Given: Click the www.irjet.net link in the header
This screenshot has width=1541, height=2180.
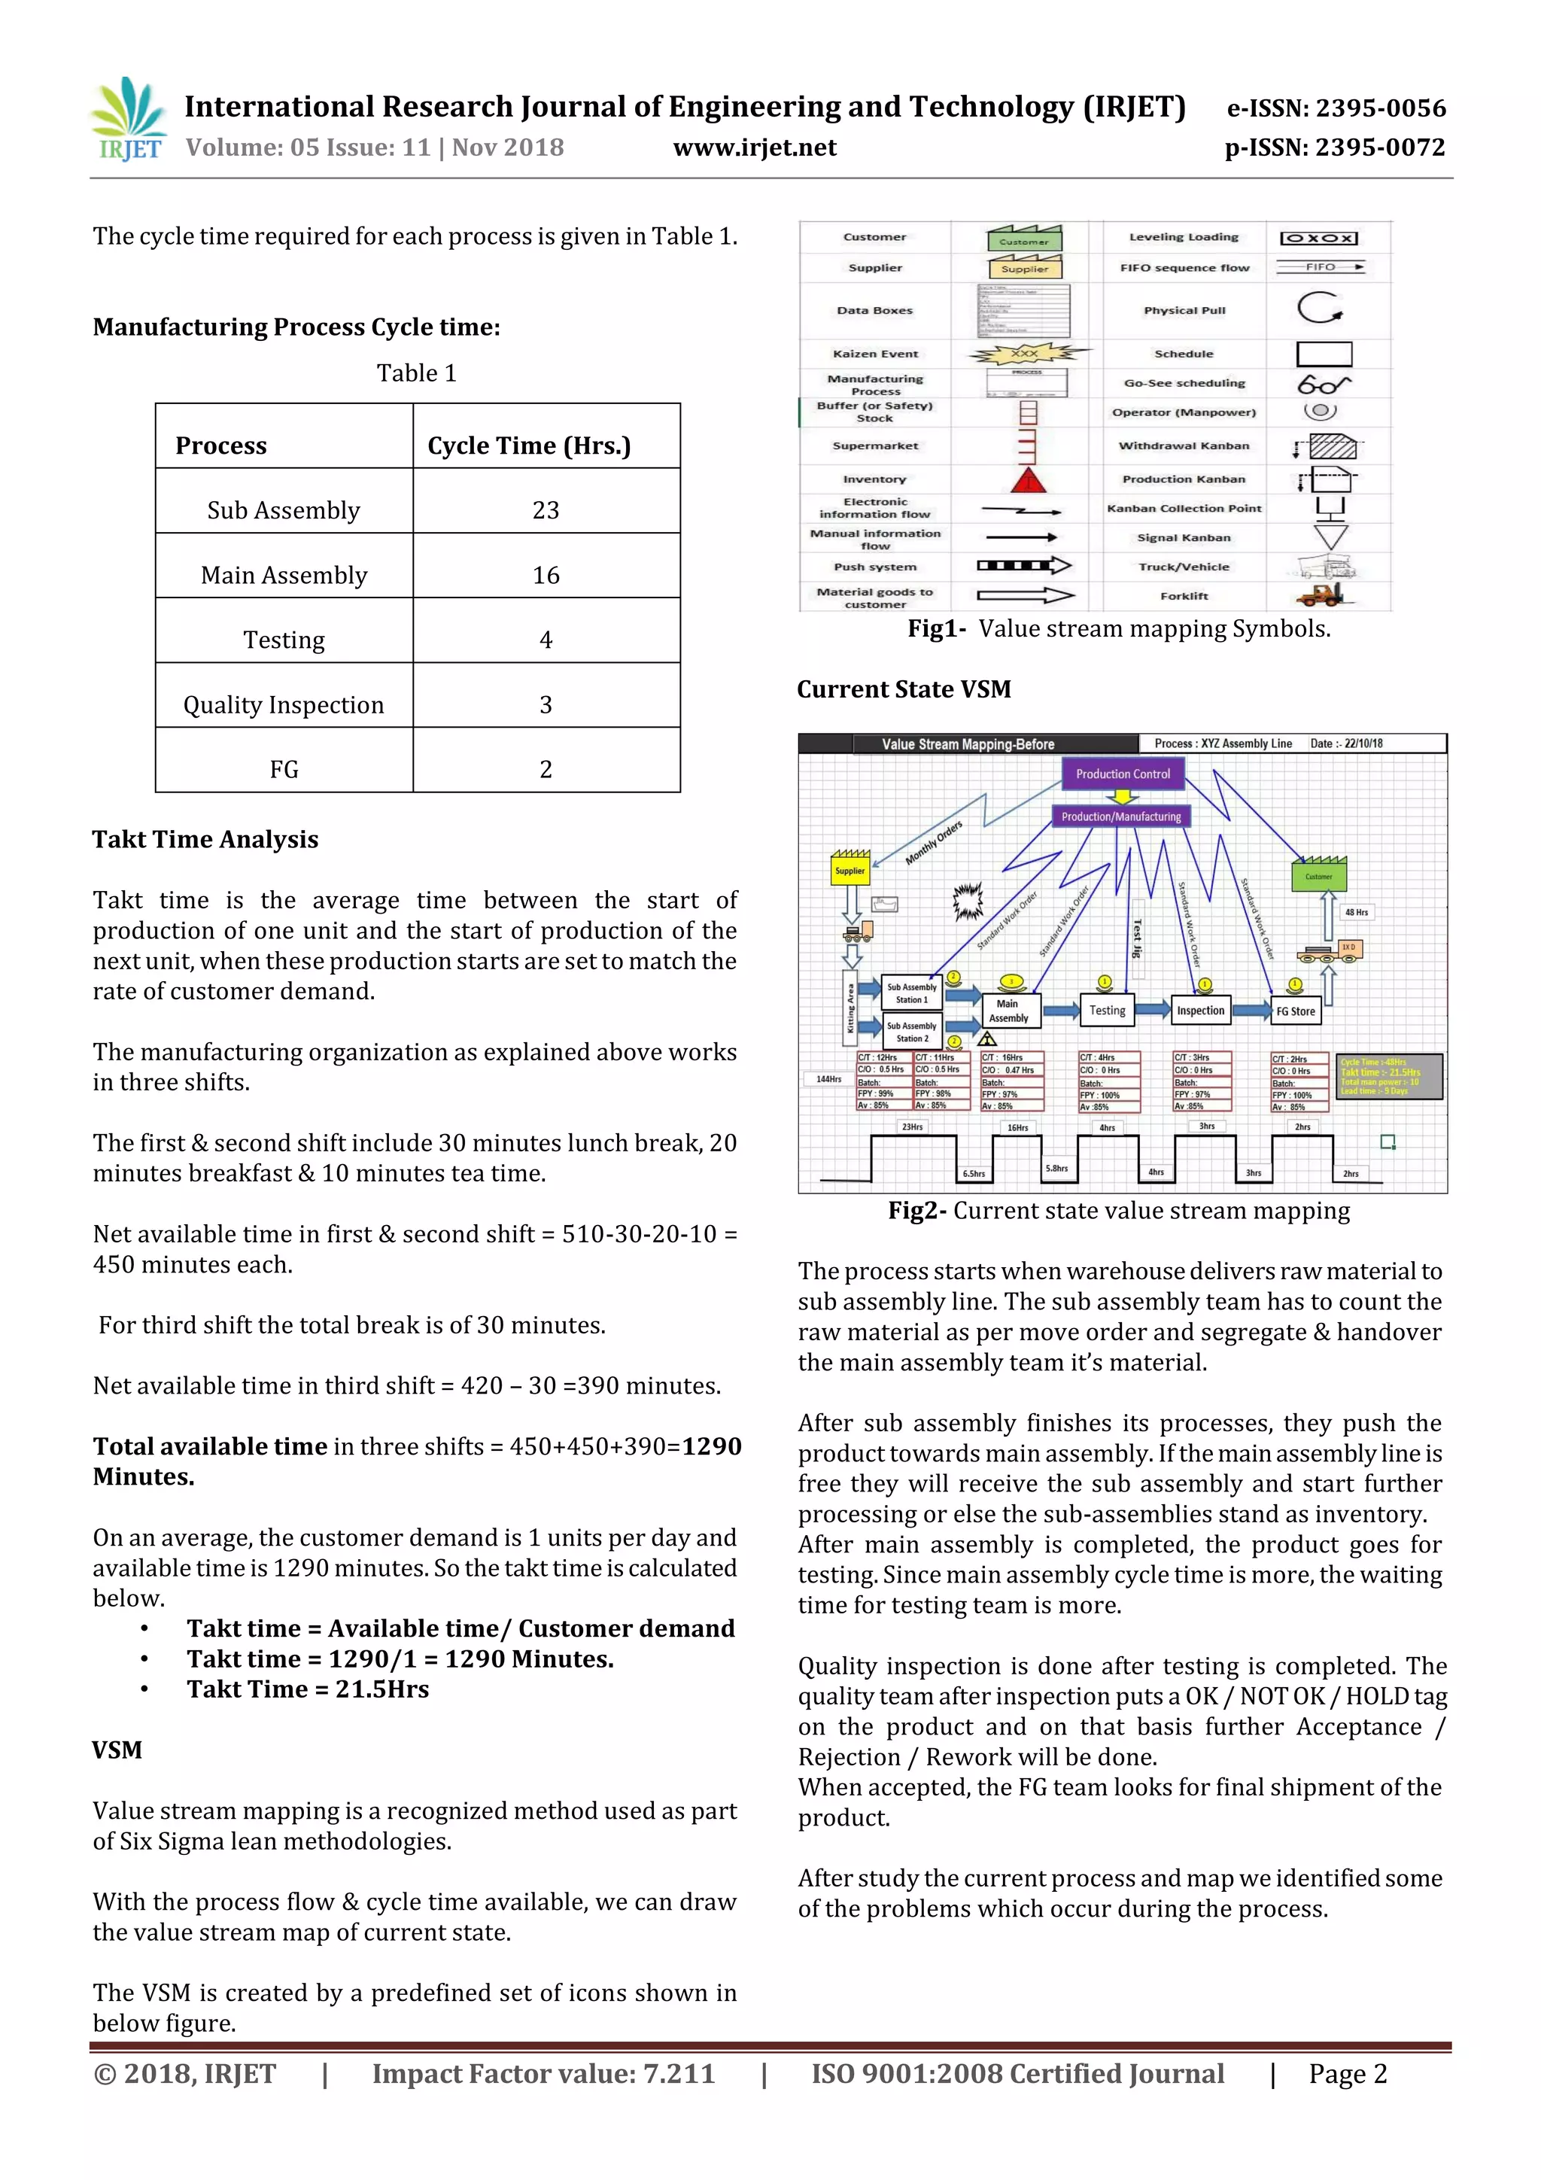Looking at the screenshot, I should coord(754,148).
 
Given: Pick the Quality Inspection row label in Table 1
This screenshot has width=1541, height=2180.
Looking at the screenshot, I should coord(283,704).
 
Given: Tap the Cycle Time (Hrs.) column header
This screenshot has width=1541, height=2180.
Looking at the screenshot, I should coord(529,445).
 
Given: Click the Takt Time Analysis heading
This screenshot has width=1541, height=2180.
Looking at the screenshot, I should coord(205,839).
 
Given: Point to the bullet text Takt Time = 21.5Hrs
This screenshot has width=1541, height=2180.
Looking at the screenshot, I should coord(308,1689).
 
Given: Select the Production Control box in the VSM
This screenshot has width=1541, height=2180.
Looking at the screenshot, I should coord(1123,774).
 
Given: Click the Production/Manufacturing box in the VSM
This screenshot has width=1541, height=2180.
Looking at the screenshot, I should coord(1120,816).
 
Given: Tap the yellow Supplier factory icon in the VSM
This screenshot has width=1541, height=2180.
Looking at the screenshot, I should coord(850,867).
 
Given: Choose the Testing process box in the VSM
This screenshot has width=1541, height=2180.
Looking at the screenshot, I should coord(1106,1011).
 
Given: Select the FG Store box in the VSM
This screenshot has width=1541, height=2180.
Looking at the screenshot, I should coord(1295,1011).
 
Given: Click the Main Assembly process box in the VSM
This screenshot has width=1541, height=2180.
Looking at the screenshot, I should coord(1008,1011).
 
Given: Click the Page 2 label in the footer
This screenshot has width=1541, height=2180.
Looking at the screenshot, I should coord(1348,2074).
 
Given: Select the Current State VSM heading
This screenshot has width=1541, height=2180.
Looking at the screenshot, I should coord(903,689).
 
